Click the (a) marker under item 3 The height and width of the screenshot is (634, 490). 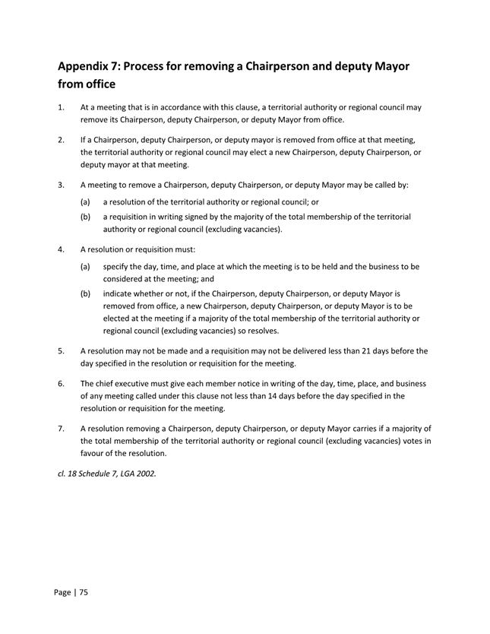(87, 201)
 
